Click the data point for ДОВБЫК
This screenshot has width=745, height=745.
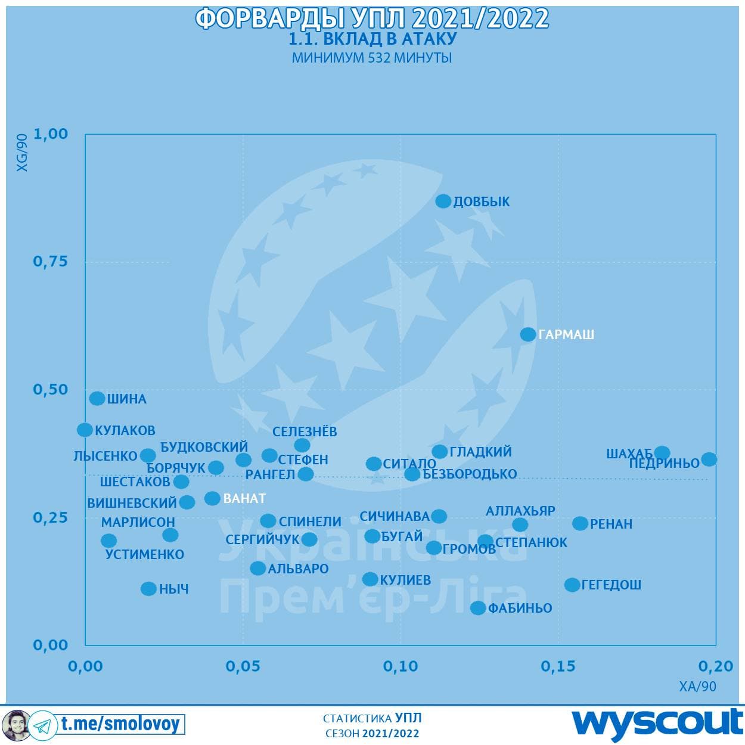click(x=443, y=201)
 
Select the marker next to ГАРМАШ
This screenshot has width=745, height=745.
click(x=528, y=334)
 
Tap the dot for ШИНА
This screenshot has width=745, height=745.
click(x=97, y=399)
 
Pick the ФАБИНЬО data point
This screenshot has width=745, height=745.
click(x=478, y=608)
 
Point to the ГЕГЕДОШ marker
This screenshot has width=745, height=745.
click(x=572, y=585)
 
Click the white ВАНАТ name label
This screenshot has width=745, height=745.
click(x=244, y=498)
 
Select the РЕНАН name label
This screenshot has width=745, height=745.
click(x=611, y=524)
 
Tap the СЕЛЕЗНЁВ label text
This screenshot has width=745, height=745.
click(x=305, y=432)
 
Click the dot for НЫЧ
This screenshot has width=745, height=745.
click(x=148, y=589)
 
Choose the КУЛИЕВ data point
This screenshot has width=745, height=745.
click(x=370, y=579)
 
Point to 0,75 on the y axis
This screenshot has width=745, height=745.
click(x=51, y=262)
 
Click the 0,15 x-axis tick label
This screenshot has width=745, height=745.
click(x=558, y=666)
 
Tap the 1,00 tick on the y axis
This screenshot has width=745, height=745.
click(x=51, y=134)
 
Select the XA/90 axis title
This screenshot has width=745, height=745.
click(x=697, y=687)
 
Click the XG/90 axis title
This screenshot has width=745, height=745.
click(x=22, y=153)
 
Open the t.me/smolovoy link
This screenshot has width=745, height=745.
click(x=120, y=724)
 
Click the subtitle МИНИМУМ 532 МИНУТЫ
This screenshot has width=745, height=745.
click(x=372, y=58)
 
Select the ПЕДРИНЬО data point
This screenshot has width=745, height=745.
click(x=709, y=459)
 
